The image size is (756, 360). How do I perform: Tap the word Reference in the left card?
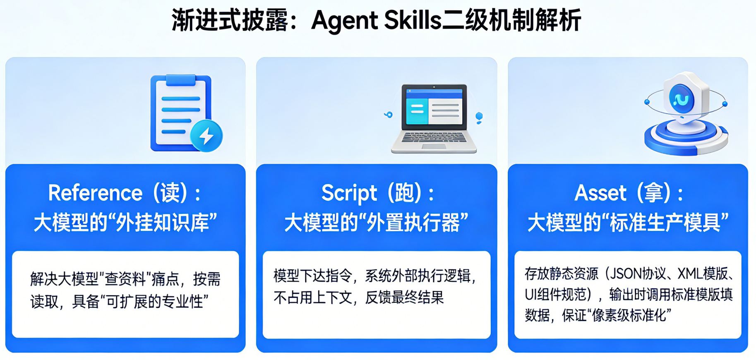(x=96, y=193)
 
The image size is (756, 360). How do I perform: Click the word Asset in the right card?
(x=600, y=193)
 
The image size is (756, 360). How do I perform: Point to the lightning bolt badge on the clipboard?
(x=206, y=135)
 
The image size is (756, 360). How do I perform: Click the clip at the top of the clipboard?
(x=181, y=80)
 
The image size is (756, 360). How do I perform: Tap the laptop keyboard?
(x=434, y=137)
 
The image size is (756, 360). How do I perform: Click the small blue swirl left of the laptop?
(x=388, y=115)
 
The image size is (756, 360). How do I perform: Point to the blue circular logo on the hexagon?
(x=682, y=98)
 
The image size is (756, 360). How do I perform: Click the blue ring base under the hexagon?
(x=686, y=139)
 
